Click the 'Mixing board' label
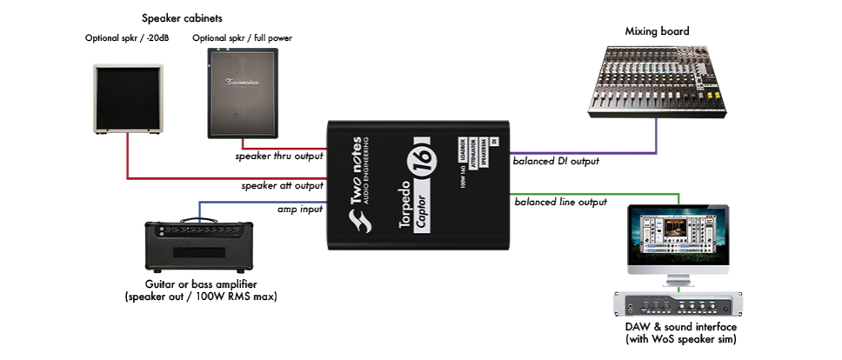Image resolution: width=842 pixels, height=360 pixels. click(x=657, y=31)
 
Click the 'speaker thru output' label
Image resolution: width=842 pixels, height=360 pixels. click(x=279, y=157)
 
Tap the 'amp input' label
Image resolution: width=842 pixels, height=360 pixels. click(x=300, y=210)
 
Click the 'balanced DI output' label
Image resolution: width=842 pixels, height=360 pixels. click(x=556, y=162)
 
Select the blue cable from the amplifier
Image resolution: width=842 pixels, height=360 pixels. click(x=261, y=203)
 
